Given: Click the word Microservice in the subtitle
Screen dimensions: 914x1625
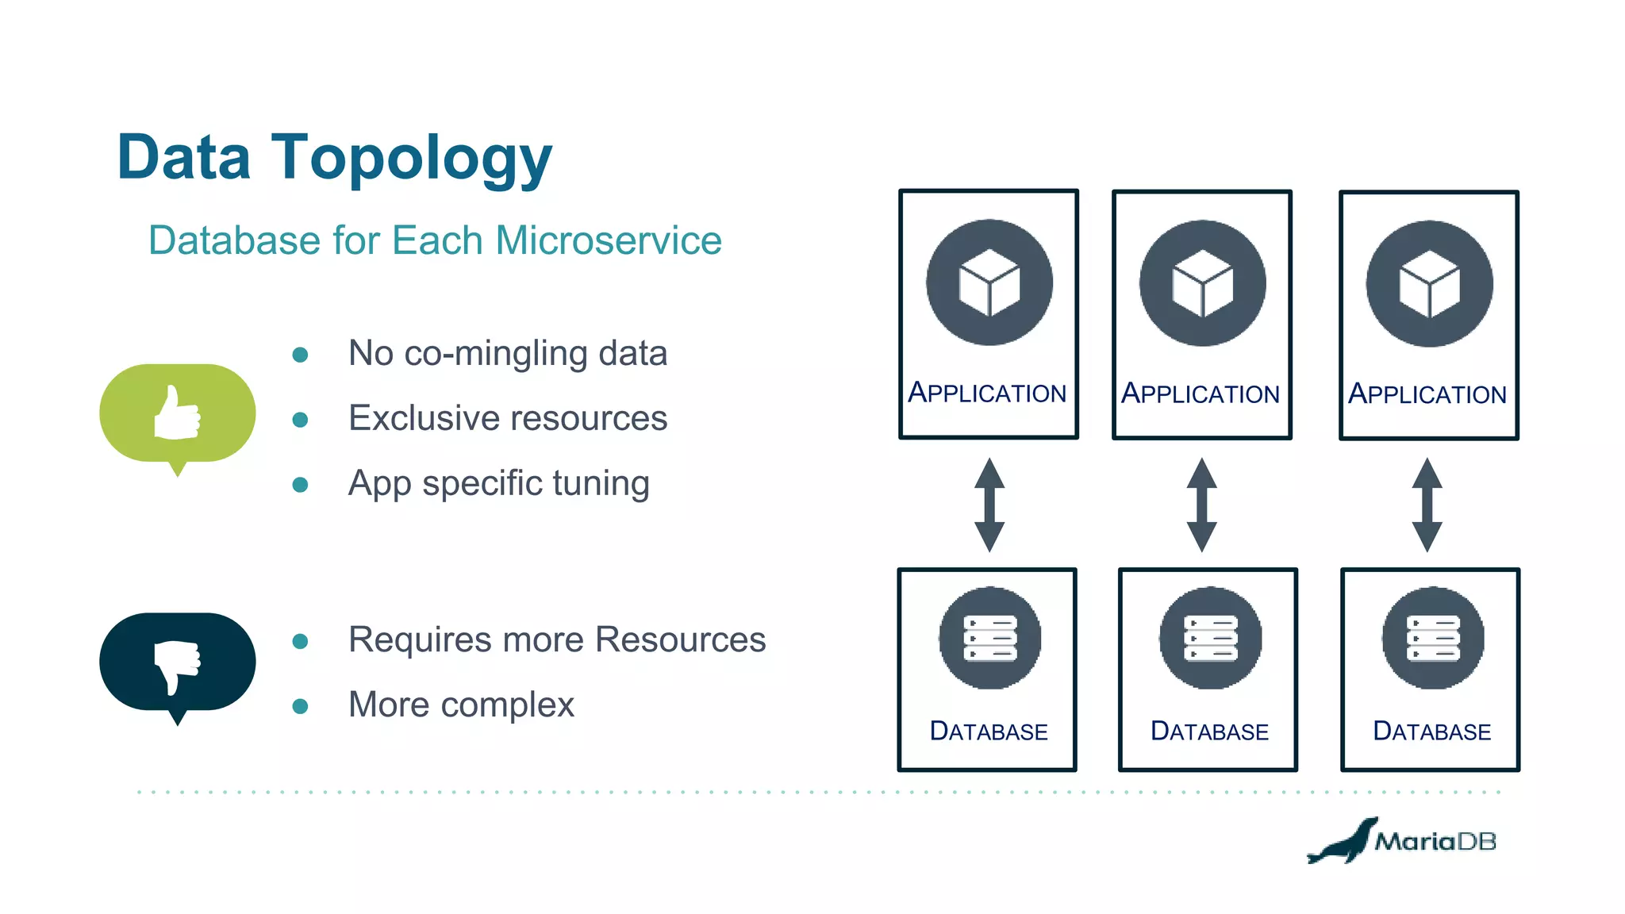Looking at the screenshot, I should coord(608,240).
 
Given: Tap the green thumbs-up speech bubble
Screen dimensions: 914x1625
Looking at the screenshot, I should coord(177,413).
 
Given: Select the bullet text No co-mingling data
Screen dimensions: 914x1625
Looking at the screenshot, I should coord(507,354).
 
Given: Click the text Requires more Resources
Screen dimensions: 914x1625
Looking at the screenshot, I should coord(556,639).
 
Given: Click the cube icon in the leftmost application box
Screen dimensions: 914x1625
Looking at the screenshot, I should coord(989,283).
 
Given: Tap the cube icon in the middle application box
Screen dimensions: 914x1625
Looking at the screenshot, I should coord(1202,283).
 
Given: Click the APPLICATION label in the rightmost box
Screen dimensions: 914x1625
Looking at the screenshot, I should coord(1427,394).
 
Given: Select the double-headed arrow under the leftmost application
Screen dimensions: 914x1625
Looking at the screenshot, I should coord(989,505).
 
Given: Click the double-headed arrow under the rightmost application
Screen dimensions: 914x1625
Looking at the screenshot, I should coord(1427,505).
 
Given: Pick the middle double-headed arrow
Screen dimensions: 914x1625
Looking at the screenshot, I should coord(1201,505).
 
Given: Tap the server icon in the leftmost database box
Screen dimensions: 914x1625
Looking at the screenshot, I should coord(989,638).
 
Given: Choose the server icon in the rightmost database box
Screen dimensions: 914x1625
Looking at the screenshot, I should coord(1432,638).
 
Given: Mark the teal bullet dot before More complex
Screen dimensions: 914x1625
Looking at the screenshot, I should coord(300,706).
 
